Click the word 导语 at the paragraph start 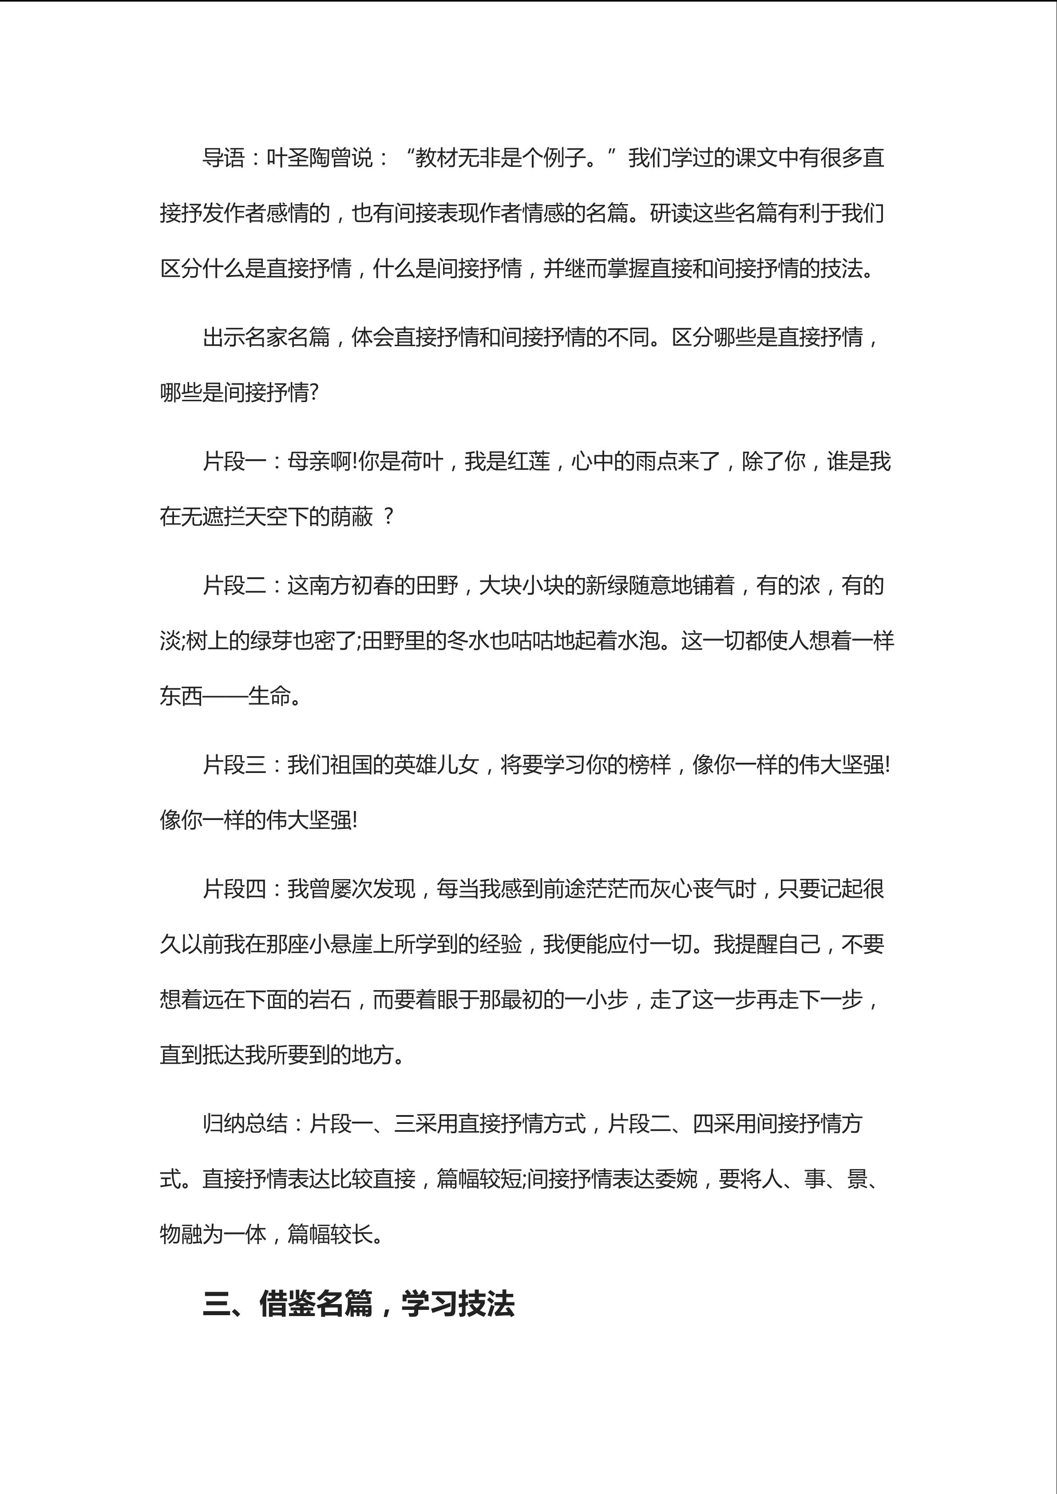[x=223, y=158]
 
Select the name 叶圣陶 [x=298, y=158]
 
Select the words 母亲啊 [x=319, y=461]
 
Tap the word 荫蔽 [x=352, y=517]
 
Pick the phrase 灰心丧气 [x=713, y=889]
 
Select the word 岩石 [x=330, y=1000]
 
